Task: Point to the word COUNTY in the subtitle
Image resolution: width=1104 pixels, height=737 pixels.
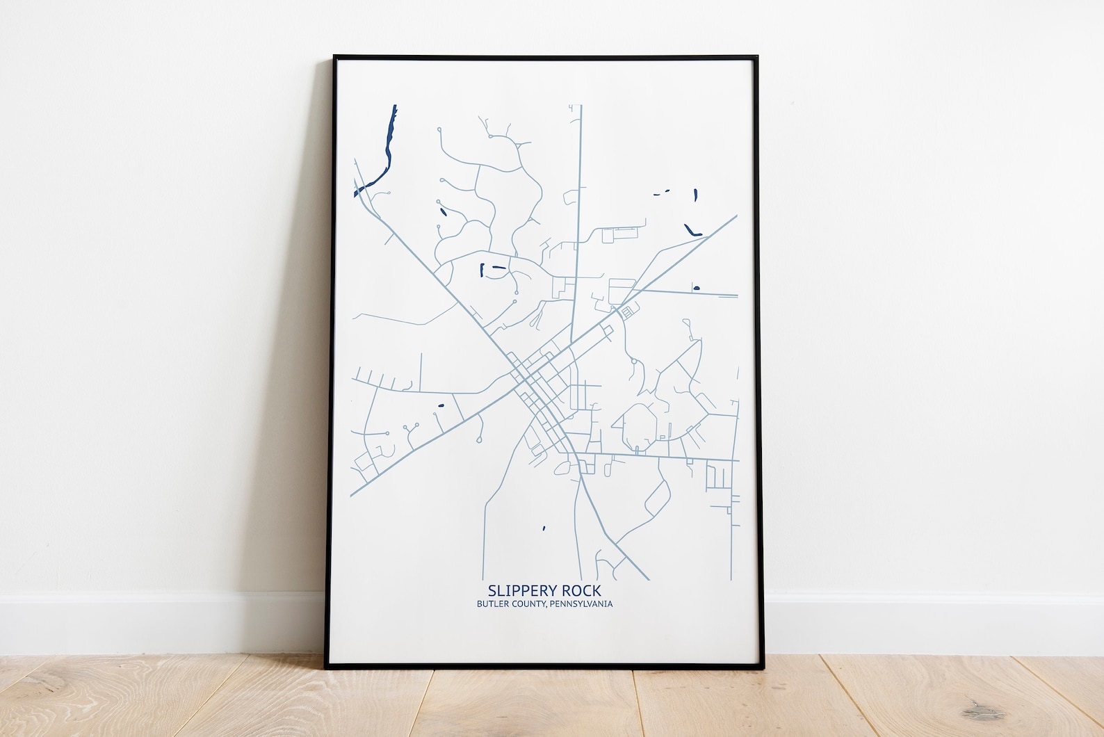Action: point(526,604)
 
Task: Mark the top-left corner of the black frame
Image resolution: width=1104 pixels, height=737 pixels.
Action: point(334,56)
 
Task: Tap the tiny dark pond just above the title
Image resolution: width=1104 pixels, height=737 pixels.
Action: point(544,528)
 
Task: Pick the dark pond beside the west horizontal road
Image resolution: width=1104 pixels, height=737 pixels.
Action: point(439,405)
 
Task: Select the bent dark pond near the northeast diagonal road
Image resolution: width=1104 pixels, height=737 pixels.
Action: point(693,229)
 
